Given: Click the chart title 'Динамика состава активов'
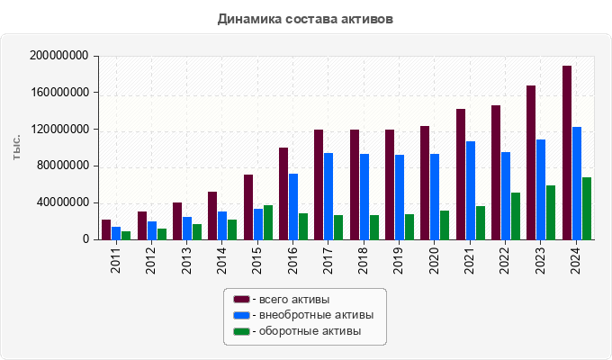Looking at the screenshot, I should coord(305,18).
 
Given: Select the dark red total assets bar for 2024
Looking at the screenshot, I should coord(567,153).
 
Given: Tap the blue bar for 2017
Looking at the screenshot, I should coord(328,196).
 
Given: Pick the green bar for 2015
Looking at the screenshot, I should coord(267,222).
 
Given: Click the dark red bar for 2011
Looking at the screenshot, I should coord(106,229).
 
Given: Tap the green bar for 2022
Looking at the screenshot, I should coord(516,216).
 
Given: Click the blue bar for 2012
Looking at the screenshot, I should coord(152,230).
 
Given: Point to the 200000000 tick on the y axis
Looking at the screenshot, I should coord(59,56).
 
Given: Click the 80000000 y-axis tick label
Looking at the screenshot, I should coord(63,166).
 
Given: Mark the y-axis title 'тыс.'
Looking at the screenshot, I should coord(16,148).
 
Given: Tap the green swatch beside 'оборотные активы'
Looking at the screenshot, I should coord(241,331).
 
